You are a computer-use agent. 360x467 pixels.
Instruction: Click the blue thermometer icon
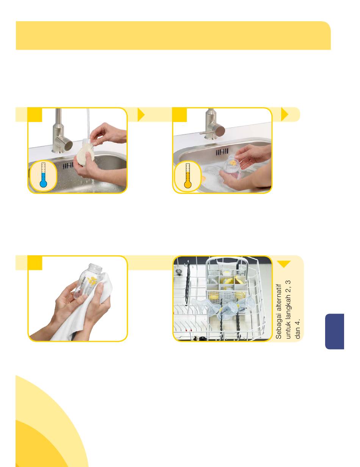(43, 175)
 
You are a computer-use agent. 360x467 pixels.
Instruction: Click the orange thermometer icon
(188, 176)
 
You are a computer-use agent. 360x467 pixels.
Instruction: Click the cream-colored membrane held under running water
(85, 155)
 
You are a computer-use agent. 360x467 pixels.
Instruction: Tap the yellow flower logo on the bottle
(92, 280)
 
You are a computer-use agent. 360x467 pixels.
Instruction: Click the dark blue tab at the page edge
(335, 331)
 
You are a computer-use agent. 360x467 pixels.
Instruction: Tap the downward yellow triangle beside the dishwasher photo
(284, 264)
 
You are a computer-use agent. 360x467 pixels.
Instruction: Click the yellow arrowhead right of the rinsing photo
(141, 114)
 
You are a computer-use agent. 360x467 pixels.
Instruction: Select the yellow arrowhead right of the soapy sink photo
(284, 114)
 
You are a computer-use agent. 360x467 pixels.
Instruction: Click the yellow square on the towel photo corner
(35, 262)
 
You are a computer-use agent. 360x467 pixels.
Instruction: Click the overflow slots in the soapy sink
(222, 152)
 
